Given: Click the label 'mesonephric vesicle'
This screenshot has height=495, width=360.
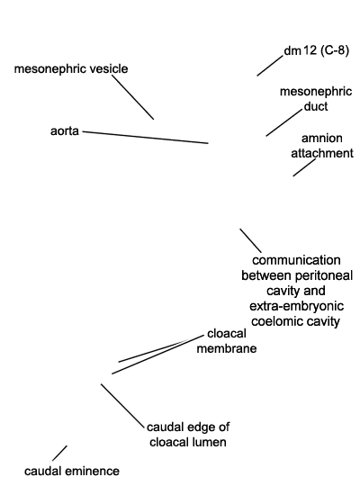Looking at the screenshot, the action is click(71, 68).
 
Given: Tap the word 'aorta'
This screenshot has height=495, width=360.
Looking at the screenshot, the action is click(65, 130).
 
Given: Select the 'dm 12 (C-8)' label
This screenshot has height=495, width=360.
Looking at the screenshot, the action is click(317, 50).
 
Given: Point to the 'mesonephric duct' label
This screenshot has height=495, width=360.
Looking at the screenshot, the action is click(316, 99).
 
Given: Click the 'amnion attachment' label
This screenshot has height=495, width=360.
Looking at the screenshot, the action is click(322, 146).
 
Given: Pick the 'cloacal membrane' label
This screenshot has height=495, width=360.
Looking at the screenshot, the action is click(227, 341).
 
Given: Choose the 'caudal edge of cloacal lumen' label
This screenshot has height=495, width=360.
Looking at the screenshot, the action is click(188, 435).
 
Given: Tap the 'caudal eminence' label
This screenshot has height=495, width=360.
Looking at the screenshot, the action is click(72, 471).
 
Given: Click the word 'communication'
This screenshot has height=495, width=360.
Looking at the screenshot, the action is click(296, 260).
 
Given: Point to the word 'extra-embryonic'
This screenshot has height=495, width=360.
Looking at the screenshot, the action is click(296, 306).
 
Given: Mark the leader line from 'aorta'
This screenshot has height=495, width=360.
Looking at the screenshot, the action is click(146, 138).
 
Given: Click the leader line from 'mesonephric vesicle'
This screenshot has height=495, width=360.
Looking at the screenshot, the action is click(132, 97).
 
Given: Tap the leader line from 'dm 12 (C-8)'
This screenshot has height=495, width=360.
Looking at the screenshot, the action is click(270, 66).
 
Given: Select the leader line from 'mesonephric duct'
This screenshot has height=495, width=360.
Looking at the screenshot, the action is click(283, 122).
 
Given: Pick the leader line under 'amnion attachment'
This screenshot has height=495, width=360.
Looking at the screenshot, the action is click(304, 167).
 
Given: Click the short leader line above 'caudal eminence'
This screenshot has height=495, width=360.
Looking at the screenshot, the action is click(59, 454).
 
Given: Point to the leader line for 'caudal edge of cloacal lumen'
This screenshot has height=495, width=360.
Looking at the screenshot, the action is click(122, 406).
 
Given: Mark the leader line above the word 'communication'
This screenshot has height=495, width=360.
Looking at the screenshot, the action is click(251, 240).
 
